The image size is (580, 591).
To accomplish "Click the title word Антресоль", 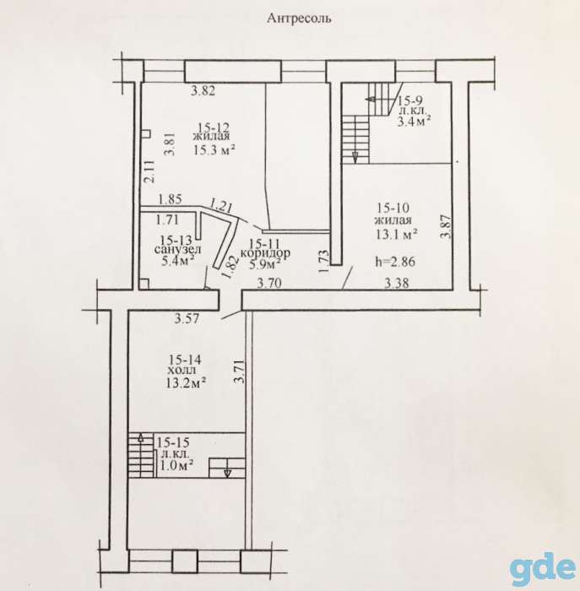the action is [299, 18].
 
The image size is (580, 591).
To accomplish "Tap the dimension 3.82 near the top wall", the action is [203, 91].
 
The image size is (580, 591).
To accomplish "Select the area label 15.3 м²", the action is [214, 150].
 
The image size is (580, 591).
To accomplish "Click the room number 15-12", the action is [214, 127].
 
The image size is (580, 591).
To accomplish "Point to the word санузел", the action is [177, 249].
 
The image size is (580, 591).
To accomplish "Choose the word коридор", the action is [265, 252].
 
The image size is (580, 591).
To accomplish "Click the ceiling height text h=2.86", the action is [395, 261].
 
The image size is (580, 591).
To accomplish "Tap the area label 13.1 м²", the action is [396, 235].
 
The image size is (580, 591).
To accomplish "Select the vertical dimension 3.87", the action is [447, 226].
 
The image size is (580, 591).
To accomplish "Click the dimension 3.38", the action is [397, 283].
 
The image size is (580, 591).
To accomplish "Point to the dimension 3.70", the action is [269, 283].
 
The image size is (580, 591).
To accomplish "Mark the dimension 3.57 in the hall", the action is [187, 319].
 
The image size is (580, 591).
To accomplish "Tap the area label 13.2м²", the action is [186, 383].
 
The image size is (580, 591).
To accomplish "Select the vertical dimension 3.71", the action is [239, 371].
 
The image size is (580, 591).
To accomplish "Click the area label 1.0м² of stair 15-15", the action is [176, 465].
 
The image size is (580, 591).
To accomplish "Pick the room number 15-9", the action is [410, 100].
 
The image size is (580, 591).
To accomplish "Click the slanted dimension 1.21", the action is [221, 205].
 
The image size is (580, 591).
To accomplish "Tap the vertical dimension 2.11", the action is [149, 171].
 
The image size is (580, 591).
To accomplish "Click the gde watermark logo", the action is [544, 570].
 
